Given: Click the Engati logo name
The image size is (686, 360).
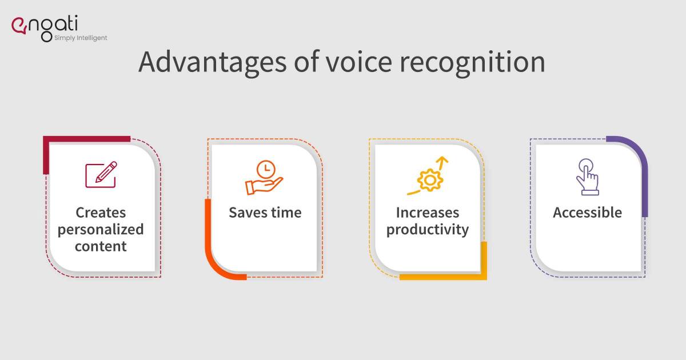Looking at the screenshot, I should pyautogui.click(x=51, y=25).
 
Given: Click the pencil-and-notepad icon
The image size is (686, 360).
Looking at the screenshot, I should pyautogui.click(x=101, y=175).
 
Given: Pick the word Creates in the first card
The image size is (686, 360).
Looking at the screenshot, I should pyautogui.click(x=101, y=213).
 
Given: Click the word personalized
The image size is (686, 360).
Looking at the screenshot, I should pyautogui.click(x=101, y=230).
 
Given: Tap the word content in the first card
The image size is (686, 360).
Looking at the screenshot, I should pyautogui.click(x=101, y=246).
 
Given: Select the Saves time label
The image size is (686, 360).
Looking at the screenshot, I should pyautogui.click(x=265, y=213).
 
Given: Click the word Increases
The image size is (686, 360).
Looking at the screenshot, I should pyautogui.click(x=428, y=213).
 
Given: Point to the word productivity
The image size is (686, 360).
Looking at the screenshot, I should pyautogui.click(x=428, y=230).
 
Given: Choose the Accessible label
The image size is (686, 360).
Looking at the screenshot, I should pyautogui.click(x=587, y=213).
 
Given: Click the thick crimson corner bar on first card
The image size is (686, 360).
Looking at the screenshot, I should pyautogui.click(x=86, y=139).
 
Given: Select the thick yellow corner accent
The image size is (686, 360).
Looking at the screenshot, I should pyautogui.click(x=457, y=277).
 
